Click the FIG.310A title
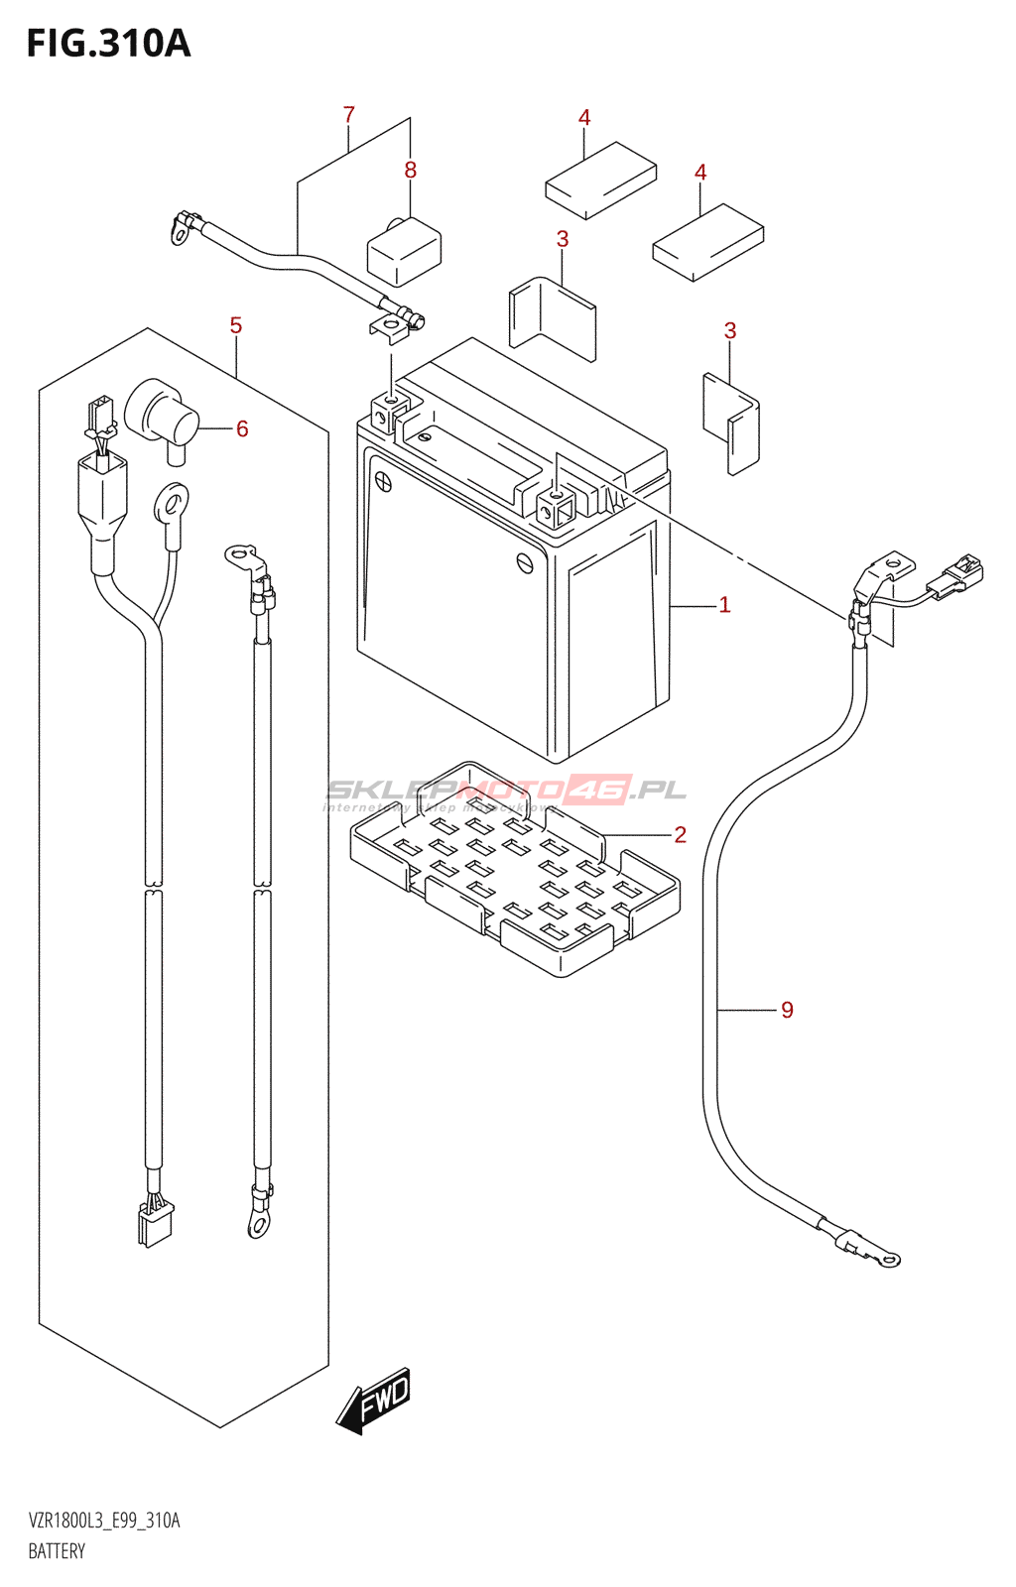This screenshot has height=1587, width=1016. pyautogui.click(x=108, y=44)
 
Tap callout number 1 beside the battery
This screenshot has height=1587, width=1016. pyautogui.click(x=724, y=605)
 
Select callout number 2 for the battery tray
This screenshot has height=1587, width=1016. pyautogui.click(x=680, y=835)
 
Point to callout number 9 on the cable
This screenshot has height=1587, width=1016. pyautogui.click(x=787, y=1011)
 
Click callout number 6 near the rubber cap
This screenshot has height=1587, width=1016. pyautogui.click(x=242, y=429)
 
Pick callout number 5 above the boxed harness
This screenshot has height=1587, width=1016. pyautogui.click(x=236, y=326)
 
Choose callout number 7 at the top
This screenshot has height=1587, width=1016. pyautogui.click(x=348, y=115)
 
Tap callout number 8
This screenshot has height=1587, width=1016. pyautogui.click(x=411, y=171)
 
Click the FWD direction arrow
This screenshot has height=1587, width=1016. pyautogui.click(x=374, y=1401)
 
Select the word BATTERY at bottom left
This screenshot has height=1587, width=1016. pyautogui.click(x=57, y=1551)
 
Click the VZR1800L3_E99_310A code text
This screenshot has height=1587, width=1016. pyautogui.click(x=104, y=1521)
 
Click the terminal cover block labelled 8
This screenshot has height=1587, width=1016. pyautogui.click(x=404, y=252)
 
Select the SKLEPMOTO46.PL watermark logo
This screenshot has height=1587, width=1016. pyautogui.click(x=506, y=791)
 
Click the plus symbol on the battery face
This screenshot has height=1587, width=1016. pyautogui.click(x=383, y=483)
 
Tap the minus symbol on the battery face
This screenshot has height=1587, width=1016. pyautogui.click(x=526, y=562)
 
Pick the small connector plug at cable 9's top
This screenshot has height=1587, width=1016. pyautogui.click(x=956, y=578)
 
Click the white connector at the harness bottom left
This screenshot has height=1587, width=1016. pyautogui.click(x=155, y=1222)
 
